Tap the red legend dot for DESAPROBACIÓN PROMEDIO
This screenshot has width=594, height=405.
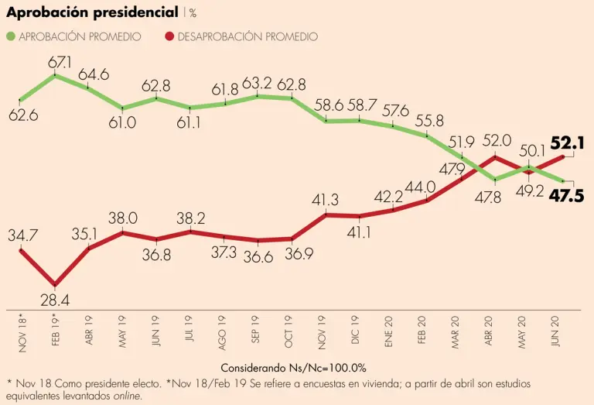tap(169, 36)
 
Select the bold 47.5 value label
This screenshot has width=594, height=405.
tap(568, 194)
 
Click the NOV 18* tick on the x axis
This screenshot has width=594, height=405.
tap(22, 332)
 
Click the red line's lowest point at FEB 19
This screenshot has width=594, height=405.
tap(54, 284)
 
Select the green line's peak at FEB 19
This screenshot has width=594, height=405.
tap(54, 75)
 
